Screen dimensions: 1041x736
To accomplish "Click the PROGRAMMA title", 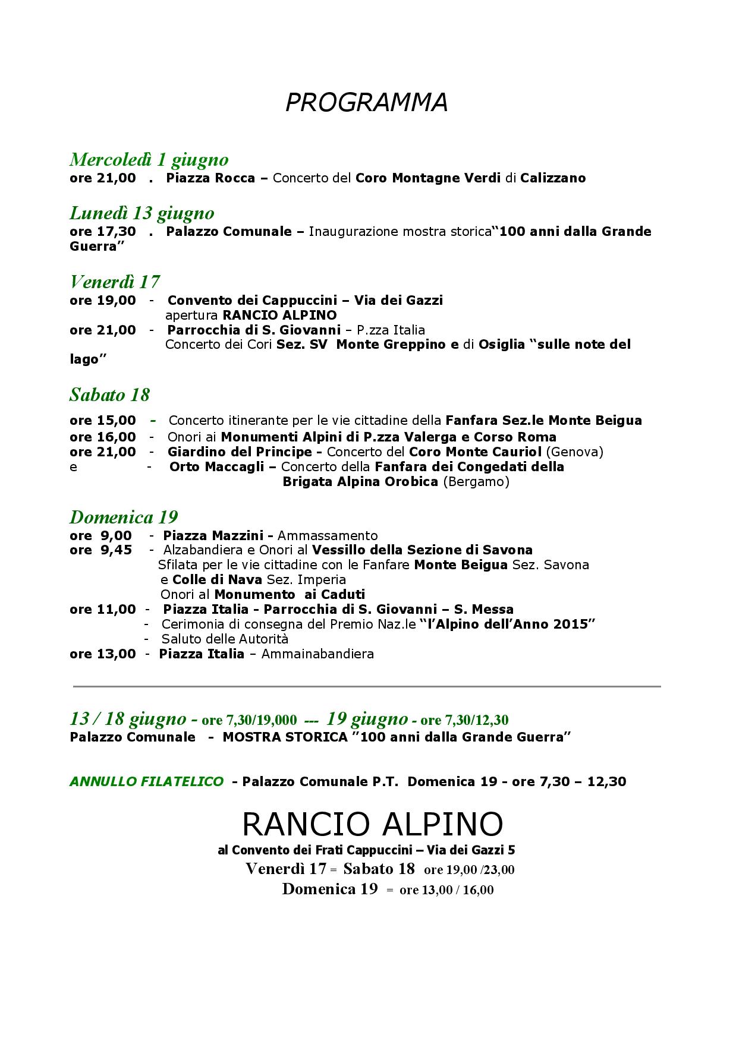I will click(x=366, y=103).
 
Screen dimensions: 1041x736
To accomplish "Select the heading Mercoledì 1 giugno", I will click(x=149, y=160).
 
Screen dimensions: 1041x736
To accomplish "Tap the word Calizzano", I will click(x=553, y=178).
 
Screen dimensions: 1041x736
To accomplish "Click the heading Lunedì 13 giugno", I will click(x=141, y=213).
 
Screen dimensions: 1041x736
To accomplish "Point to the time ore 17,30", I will click(x=102, y=231).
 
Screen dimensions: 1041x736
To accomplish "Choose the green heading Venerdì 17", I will click(x=114, y=281).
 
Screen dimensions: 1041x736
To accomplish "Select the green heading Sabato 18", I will click(x=109, y=395).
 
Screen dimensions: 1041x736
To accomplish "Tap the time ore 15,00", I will click(x=102, y=421).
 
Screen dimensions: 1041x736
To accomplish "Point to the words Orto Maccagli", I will click(x=216, y=467).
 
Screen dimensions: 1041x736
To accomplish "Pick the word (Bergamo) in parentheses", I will click(x=476, y=482).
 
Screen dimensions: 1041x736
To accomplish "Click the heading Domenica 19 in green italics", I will click(x=124, y=517).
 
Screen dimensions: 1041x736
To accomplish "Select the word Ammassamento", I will click(x=328, y=536).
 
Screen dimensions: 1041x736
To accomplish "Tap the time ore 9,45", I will click(x=101, y=550).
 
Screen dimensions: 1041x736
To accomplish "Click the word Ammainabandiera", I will click(x=317, y=654).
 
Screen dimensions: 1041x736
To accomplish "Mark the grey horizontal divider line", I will click(x=366, y=687).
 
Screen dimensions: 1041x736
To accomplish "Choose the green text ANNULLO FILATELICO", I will click(x=146, y=782).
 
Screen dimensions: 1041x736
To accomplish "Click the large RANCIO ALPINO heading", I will click(x=373, y=824).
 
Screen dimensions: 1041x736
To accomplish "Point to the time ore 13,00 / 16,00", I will click(x=446, y=890).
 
